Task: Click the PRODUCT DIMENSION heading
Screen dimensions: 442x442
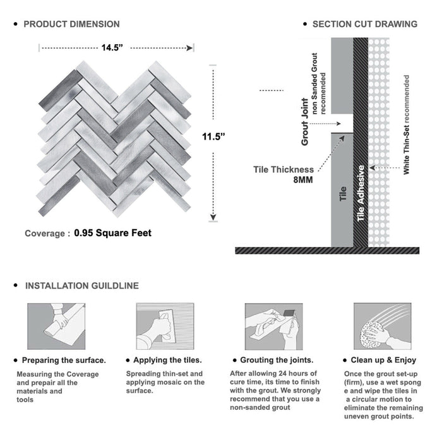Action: (71, 24)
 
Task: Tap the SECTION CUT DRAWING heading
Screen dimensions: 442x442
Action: (364, 24)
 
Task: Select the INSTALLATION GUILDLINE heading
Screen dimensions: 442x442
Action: (81, 286)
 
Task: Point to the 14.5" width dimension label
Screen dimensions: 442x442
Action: (116, 47)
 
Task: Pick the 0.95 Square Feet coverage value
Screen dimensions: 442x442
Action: (113, 233)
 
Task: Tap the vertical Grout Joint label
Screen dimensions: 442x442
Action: (305, 121)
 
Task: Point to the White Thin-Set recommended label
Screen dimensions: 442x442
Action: (406, 125)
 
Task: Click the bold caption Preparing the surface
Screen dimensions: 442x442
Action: (64, 361)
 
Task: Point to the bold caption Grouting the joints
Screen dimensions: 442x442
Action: (281, 361)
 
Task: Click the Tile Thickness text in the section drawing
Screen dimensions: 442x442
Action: (284, 169)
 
